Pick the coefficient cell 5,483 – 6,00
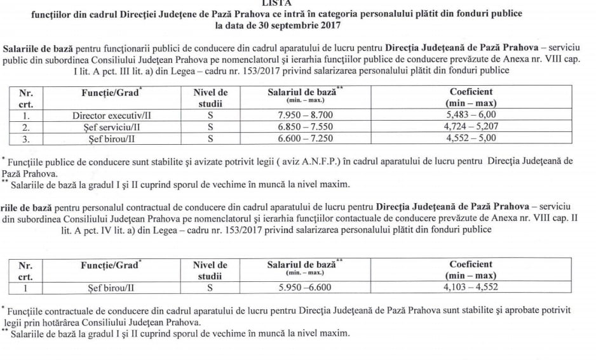[471, 115]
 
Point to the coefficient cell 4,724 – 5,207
[471, 126]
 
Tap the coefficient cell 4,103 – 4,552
[471, 287]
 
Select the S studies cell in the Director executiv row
[210, 116]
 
